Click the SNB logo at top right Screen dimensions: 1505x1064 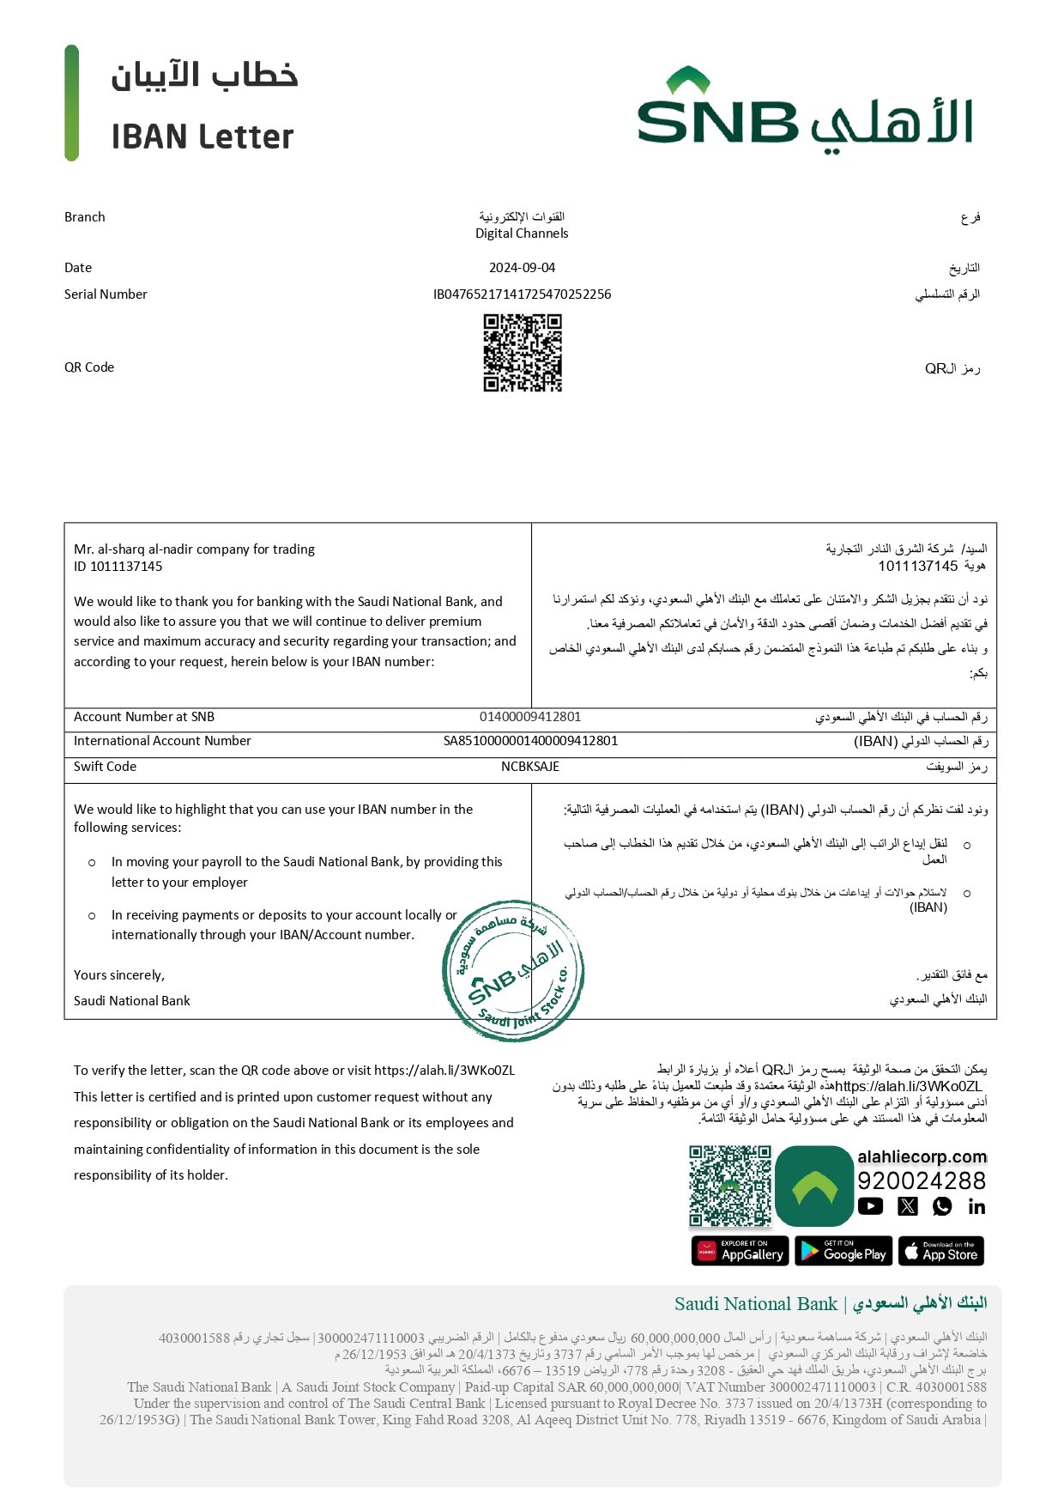[x=804, y=112]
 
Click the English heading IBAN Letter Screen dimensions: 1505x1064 [x=203, y=137]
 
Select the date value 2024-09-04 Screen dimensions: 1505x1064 [x=522, y=268]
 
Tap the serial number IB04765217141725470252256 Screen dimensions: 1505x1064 [x=522, y=294]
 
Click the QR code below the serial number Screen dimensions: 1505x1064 [x=523, y=353]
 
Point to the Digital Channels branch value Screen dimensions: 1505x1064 [x=522, y=234]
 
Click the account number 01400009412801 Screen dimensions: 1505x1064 [x=530, y=717]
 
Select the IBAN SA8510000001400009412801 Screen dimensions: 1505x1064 [x=530, y=741]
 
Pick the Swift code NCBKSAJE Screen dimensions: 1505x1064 [x=530, y=767]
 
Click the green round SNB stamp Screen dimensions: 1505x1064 [x=514, y=971]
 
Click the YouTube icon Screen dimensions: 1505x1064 [x=870, y=1207]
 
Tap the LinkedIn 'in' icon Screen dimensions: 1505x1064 [x=976, y=1207]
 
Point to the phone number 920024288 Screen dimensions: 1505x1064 [x=922, y=1181]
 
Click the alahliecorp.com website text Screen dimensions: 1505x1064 [x=922, y=1157]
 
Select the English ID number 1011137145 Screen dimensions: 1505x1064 [x=126, y=567]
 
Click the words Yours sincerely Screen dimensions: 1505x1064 [x=119, y=975]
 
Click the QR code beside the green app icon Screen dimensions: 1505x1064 [x=730, y=1186]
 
